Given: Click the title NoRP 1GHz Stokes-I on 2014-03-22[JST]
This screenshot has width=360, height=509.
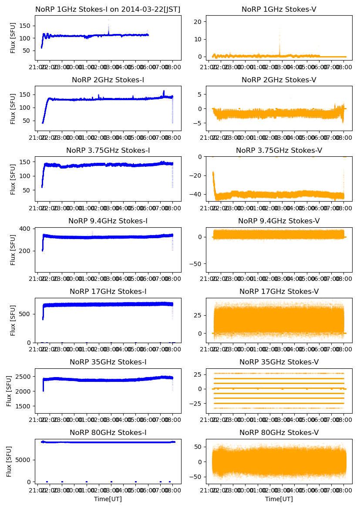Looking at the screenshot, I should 108,9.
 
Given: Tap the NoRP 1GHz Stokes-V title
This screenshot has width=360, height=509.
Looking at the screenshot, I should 279,9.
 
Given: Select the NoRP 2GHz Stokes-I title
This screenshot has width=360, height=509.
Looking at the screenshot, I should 108,80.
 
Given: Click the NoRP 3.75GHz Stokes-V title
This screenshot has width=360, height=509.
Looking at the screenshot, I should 279,150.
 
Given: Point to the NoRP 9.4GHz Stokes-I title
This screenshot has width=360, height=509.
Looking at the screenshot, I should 108,221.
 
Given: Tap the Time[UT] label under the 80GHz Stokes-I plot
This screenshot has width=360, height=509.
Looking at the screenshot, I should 108,499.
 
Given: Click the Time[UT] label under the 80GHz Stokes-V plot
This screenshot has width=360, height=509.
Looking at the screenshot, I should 279,499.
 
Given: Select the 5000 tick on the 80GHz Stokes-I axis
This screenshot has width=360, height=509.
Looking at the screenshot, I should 24,460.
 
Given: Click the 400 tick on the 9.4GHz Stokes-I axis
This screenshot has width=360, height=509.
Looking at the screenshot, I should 27,229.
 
